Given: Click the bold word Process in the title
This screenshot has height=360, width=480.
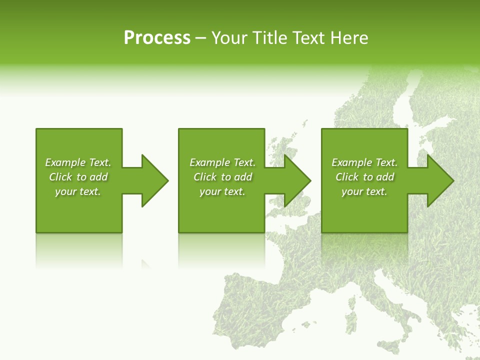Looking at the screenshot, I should coord(157,38).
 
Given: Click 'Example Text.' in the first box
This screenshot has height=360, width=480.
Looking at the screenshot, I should coord(78,162).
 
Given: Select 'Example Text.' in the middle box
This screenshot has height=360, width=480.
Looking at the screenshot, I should coord(222,162).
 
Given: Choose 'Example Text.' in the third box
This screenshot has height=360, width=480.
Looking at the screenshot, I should coord(364,162).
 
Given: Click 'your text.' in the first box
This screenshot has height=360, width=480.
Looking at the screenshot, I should coord(78,191).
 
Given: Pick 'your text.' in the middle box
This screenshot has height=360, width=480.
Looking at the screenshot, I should coord(222,191).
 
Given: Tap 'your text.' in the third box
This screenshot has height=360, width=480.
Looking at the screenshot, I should coord(364,191).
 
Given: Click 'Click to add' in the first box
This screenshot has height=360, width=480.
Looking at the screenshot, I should coord(78,177).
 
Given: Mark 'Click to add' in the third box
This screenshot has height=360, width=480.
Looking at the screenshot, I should coord(364,177).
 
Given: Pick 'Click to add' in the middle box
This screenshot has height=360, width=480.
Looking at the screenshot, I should coord(222,177).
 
